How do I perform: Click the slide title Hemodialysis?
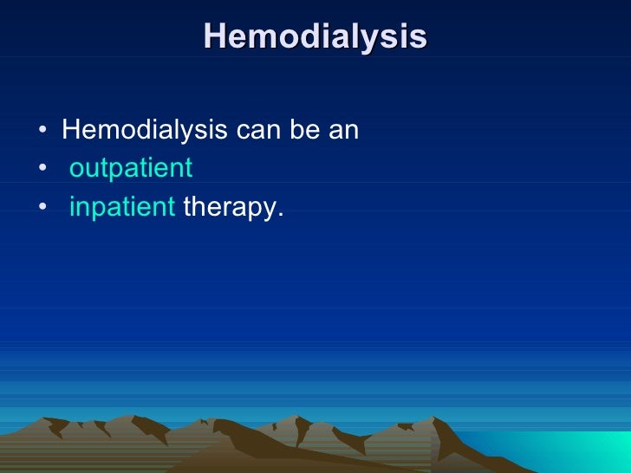315,36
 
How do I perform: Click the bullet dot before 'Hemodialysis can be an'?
42,133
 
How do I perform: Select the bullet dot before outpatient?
42,170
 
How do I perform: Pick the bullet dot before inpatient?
42,209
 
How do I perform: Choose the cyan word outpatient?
130,169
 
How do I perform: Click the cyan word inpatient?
122,208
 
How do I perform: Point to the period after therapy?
280,216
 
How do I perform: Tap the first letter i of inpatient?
72,208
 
